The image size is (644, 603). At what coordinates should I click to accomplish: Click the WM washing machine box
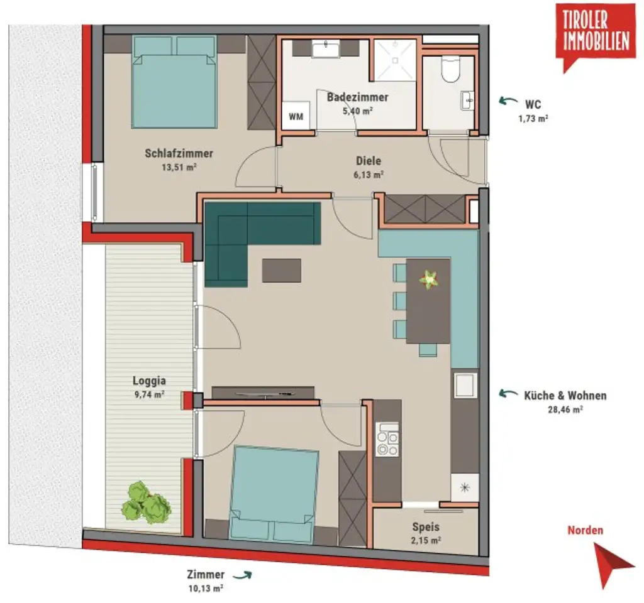point(295,117)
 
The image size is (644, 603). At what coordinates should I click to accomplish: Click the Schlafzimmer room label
point(179,153)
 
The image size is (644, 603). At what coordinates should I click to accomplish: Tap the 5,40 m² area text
point(357,111)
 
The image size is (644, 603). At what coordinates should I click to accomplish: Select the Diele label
point(369,161)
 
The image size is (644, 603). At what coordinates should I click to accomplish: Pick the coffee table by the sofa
point(282,271)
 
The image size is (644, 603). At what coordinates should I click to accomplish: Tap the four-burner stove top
point(387,439)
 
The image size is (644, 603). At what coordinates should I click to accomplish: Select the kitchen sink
point(465,384)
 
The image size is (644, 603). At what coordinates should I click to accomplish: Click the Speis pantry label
point(426,527)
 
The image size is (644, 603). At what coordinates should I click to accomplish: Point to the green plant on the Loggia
point(147,503)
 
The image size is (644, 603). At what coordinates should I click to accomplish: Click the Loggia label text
point(149,380)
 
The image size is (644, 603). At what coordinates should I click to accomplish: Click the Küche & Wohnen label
point(565,395)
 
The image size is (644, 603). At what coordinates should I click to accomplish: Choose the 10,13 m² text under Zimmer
point(205,589)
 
